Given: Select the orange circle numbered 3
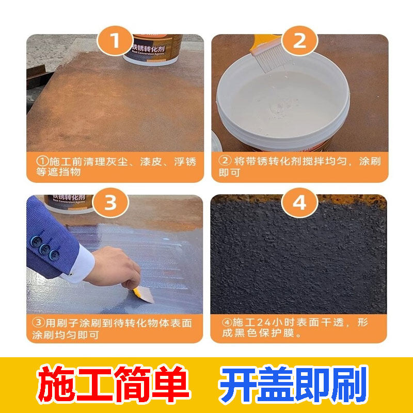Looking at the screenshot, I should coord(110,203).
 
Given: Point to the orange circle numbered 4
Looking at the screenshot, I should coord(299,203).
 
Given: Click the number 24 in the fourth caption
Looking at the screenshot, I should coord(263,323).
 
